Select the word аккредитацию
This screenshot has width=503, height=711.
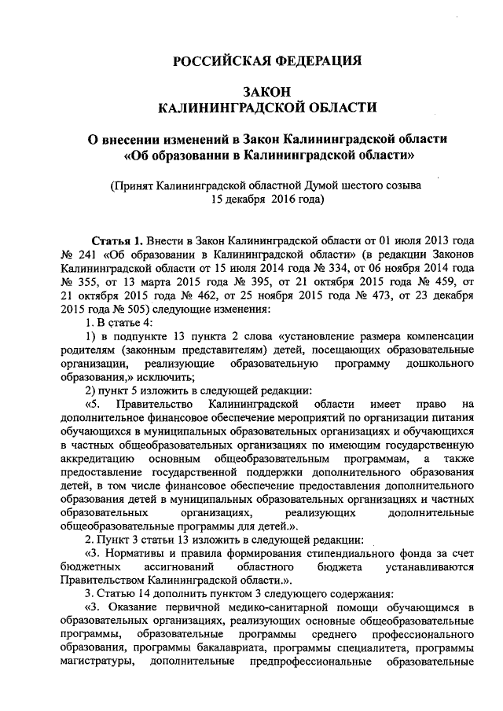tap(97, 460)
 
